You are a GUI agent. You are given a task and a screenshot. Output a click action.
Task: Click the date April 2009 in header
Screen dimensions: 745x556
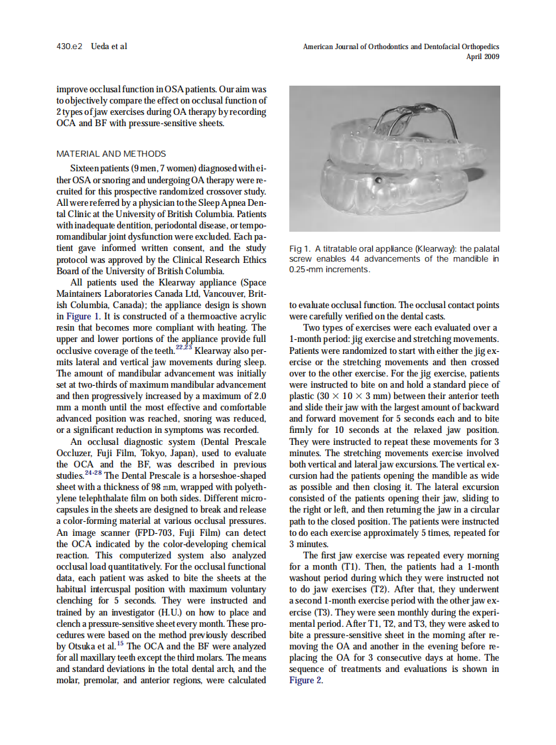point(483,56)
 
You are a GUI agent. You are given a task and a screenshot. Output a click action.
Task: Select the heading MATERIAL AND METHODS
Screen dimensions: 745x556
point(111,153)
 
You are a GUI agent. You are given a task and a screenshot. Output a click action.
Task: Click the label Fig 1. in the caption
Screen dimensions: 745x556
point(301,249)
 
